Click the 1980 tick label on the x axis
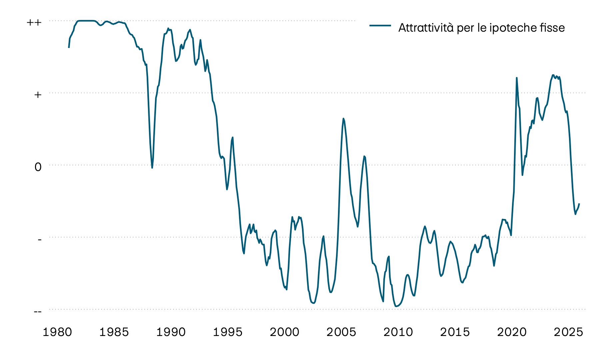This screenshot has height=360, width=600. [57, 332]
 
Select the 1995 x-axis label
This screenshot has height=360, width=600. [228, 332]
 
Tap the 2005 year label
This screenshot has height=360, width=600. [341, 332]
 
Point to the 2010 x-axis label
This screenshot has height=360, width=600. [398, 332]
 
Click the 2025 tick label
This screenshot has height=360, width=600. [568, 332]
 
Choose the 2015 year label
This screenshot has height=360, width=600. [455, 332]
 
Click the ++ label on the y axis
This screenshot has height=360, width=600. [34, 23]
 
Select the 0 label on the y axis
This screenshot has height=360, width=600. [38, 167]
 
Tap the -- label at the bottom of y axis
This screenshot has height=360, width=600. [38, 311]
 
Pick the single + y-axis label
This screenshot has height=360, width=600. [38, 95]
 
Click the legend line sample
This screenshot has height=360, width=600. [380, 26]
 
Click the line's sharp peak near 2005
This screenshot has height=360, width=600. [343, 118]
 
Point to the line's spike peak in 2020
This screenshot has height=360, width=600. [517, 78]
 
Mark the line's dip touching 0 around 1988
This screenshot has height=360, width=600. [152, 168]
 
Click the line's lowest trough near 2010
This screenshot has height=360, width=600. [396, 306]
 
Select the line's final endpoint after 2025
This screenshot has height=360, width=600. [579, 204]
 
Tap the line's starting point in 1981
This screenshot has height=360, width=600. [69, 48]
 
